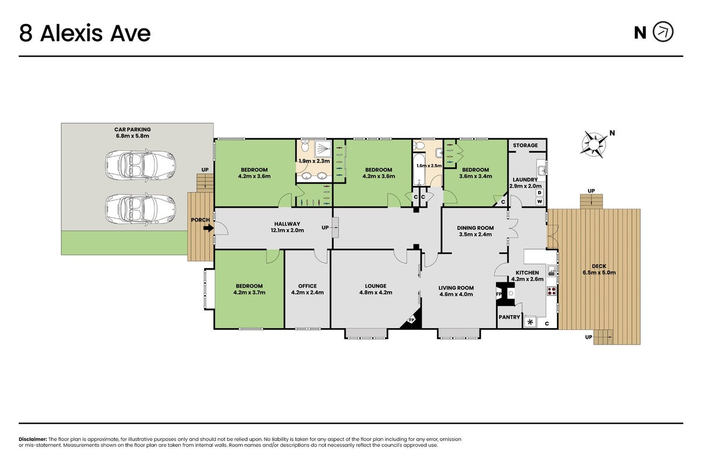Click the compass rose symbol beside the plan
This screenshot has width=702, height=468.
click(594, 144)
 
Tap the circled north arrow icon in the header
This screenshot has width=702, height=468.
click(663, 32)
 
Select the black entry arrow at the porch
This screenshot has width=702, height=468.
click(208, 228)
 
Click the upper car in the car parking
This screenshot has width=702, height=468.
click(140, 165)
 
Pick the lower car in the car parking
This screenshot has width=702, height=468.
click(140, 209)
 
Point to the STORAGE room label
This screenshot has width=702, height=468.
click(525, 145)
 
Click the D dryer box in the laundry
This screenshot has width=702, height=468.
click(539, 192)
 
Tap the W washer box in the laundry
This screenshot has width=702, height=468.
click(539, 201)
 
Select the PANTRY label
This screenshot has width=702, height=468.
click(510, 317)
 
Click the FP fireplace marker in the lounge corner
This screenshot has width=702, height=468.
click(411, 320)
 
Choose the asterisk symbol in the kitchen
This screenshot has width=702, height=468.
click(530, 322)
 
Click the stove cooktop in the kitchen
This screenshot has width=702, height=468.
click(552, 291)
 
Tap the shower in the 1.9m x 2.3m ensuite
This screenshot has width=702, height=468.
click(323, 148)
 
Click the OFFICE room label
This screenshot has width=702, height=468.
click(307, 286)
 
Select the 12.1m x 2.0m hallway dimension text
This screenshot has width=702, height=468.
click(287, 230)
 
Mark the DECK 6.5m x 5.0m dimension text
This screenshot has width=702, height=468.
click(599, 273)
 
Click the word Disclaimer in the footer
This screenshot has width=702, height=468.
click(33, 439)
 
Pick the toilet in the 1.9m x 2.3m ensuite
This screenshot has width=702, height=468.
click(305, 146)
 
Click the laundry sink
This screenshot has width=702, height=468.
click(542, 171)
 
